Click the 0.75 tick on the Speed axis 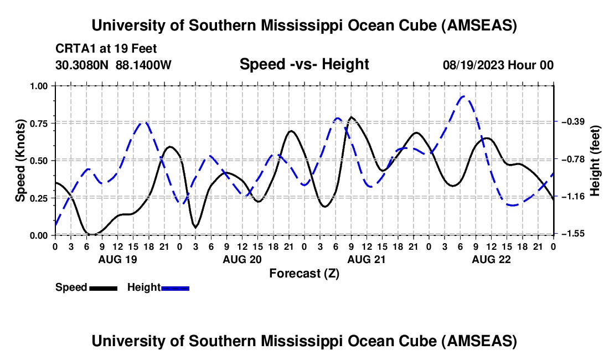(41, 124)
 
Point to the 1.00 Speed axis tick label (41, 86)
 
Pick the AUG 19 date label (117, 259)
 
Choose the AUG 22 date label (491, 259)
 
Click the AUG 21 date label (366, 259)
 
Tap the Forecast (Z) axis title (304, 273)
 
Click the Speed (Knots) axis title (20, 160)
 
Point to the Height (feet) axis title (596, 160)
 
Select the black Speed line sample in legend (103, 287)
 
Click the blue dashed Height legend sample (176, 287)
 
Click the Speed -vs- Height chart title (304, 64)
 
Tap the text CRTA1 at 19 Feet (98, 49)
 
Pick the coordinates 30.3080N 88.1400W (113, 65)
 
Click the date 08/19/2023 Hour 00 (498, 65)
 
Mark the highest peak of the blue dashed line (464, 96)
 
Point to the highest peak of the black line (351, 117)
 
